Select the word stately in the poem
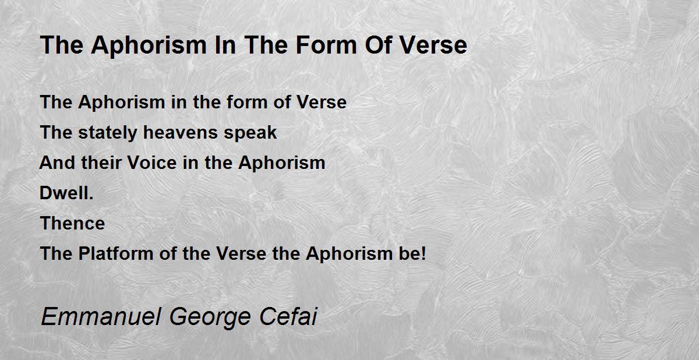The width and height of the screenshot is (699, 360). pos(108,133)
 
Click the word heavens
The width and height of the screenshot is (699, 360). pos(181,132)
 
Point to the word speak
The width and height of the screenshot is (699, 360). pos(250,133)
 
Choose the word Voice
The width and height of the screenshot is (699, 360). pos(152,163)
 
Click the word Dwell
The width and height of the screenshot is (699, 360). pos(63,193)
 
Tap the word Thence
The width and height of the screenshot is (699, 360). pos(72,223)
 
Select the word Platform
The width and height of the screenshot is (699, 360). pos(116,253)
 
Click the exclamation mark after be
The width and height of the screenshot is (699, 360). pos(423,253)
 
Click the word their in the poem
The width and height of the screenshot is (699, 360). pos(101,163)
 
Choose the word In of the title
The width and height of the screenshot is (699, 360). pos(225,45)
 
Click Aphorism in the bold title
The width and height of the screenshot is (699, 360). pos(149,46)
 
